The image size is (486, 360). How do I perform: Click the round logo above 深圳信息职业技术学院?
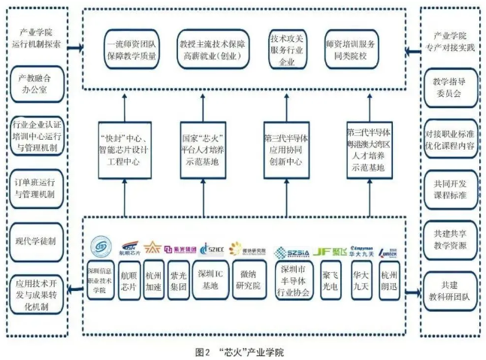click(x=100, y=247)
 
